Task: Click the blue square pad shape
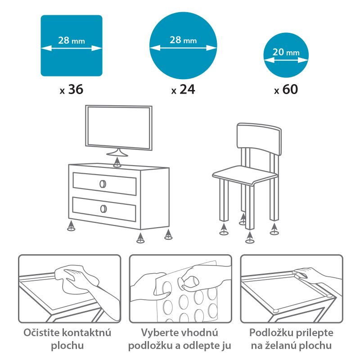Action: [72, 45]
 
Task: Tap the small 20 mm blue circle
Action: [286, 55]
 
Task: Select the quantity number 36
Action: [76, 89]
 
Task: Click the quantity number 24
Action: [187, 89]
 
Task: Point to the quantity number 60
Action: [290, 89]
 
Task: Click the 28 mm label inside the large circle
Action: [183, 40]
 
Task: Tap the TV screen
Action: [119, 128]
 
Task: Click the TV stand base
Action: [117, 153]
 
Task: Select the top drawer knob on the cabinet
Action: [103, 184]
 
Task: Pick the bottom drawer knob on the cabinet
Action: [103, 208]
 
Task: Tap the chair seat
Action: [245, 175]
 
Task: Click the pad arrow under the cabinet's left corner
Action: [72, 226]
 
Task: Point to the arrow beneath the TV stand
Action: [117, 162]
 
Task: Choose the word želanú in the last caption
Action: [282, 345]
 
